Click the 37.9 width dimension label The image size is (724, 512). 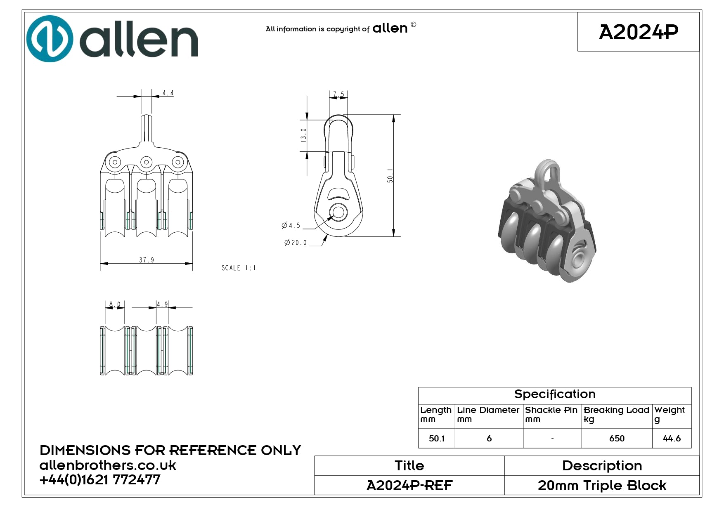(x=147, y=260)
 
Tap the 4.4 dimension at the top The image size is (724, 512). (x=168, y=93)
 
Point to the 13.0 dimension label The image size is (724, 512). (x=303, y=135)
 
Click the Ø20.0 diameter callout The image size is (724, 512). (x=296, y=243)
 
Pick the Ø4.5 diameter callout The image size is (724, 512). (x=291, y=225)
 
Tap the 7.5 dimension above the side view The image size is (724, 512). (x=338, y=95)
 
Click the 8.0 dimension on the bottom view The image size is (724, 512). (x=115, y=305)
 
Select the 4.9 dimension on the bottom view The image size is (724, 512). (x=162, y=304)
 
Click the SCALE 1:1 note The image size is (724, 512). (x=239, y=268)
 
